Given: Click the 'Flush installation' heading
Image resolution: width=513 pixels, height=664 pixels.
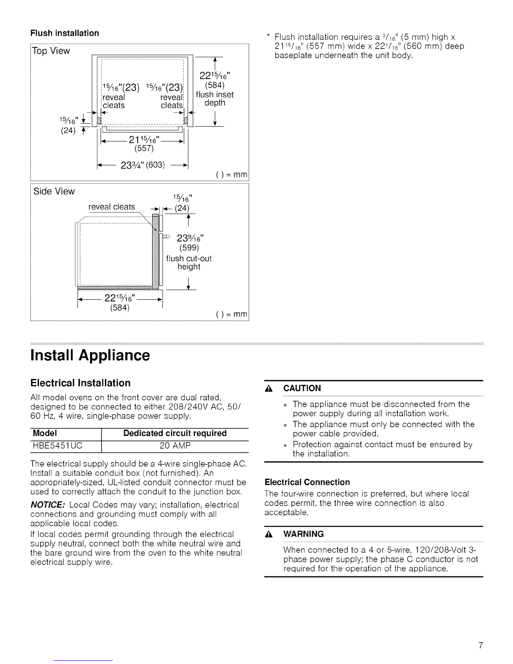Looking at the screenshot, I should tap(65, 33).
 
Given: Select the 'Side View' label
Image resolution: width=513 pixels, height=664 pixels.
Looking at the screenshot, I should tap(54, 192).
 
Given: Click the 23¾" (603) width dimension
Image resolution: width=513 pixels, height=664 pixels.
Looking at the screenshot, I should tap(142, 165).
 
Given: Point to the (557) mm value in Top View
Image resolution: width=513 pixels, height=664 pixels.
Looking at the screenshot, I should tap(144, 148).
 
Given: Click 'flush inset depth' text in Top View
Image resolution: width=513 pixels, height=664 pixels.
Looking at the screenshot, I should tap(215, 99).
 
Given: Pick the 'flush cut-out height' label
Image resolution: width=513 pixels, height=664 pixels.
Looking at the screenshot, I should tap(189, 263).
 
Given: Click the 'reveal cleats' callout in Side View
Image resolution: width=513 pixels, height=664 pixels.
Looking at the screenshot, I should tap(111, 207).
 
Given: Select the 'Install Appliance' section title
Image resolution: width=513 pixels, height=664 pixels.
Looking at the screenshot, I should tap(90, 355).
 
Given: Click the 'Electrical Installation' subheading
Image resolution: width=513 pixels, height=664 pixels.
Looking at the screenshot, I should tap(80, 383).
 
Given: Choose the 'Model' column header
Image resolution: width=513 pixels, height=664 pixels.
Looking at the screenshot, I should tap(45, 433).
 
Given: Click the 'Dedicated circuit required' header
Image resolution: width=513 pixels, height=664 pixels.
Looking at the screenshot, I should tap(175, 433).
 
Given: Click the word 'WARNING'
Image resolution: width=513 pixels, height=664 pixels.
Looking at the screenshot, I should tap(303, 534).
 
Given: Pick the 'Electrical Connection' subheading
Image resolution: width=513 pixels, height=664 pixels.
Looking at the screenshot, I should tap(307, 482).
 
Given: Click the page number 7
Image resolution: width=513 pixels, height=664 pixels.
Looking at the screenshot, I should tap(481, 645).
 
